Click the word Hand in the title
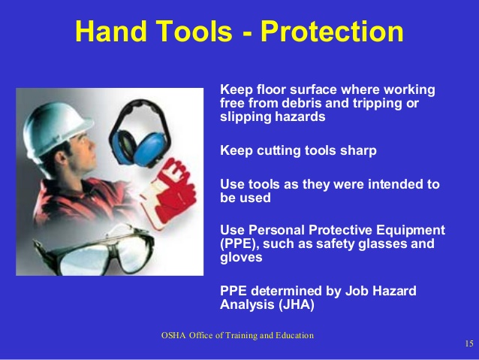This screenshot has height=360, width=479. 111,32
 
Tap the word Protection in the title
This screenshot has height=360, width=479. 332,32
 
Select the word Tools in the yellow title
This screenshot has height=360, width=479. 194,32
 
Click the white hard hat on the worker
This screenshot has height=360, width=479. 56,129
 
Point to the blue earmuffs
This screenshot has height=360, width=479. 139,135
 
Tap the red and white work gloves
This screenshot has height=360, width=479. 169,192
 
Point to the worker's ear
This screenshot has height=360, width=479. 62,158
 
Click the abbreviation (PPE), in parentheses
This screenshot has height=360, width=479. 239,244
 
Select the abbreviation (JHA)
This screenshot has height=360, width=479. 297,305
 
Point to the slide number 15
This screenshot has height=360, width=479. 469,343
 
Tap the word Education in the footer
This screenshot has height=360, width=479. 294,335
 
